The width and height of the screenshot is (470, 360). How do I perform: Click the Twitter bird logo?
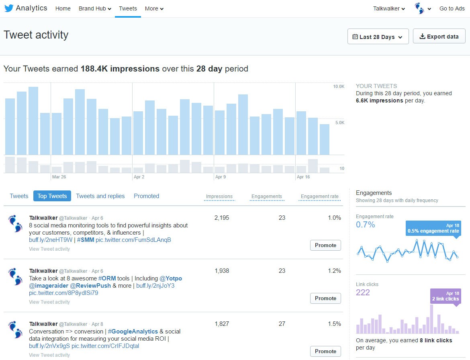(9, 8)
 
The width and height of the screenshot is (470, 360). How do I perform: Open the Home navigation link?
(63, 8)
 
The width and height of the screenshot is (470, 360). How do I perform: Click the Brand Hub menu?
(95, 8)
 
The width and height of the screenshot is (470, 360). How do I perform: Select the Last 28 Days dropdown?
(378, 37)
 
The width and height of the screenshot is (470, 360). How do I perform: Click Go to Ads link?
(452, 8)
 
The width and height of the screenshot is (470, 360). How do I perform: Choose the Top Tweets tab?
(52, 196)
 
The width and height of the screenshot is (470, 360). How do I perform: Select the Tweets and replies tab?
(100, 196)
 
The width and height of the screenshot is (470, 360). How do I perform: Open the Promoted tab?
(146, 196)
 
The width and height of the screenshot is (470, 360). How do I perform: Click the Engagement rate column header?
(319, 196)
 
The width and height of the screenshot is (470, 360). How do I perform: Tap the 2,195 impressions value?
(222, 218)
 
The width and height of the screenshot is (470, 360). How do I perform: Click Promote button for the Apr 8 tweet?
(325, 351)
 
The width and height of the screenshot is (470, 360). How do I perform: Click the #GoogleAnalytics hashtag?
(133, 331)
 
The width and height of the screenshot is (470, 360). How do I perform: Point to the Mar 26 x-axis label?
(59, 177)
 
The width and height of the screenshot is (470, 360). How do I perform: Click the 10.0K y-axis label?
(339, 87)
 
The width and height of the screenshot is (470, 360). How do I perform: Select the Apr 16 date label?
(303, 177)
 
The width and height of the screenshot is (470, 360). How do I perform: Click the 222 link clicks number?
(363, 292)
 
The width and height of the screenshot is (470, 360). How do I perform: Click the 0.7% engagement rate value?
(365, 225)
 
